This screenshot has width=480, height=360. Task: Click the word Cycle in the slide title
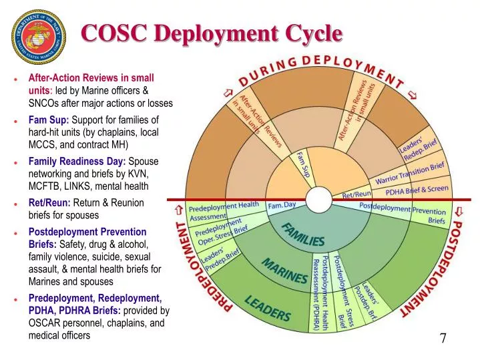pos(309,32)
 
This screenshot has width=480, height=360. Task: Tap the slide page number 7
pos(443,338)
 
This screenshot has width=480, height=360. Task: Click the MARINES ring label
pos(284,271)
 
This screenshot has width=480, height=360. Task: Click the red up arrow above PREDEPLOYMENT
pos(178,210)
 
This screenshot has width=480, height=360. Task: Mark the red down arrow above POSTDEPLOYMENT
pos(459,212)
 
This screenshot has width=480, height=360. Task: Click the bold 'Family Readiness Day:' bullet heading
pos(77,161)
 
